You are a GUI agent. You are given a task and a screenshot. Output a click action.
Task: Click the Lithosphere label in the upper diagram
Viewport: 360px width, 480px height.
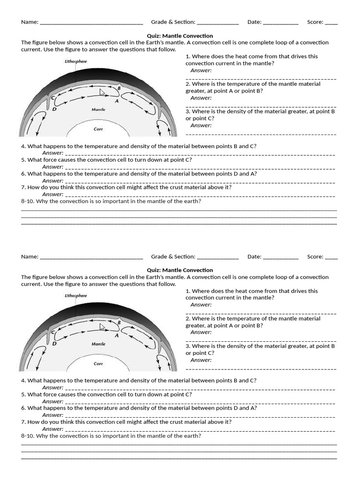(75, 61)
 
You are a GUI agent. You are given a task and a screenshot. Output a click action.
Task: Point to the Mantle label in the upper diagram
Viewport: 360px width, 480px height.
(98, 109)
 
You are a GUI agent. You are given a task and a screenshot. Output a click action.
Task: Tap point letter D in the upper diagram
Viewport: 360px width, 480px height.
(54, 109)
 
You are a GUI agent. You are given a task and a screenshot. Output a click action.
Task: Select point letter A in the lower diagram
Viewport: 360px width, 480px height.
(117, 335)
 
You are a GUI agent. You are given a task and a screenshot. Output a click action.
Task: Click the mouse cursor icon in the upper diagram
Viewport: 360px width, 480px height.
(102, 92)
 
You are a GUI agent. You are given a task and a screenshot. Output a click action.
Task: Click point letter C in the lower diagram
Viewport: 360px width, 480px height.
(53, 332)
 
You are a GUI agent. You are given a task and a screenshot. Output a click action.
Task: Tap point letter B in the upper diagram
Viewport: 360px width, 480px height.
(119, 88)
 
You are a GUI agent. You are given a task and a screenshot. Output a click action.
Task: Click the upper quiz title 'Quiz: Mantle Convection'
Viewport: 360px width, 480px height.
(180, 36)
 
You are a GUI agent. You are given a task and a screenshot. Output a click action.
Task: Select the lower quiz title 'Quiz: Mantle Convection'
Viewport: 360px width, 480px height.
(180, 270)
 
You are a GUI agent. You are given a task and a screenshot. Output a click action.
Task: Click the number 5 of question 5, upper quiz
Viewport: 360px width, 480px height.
(23, 160)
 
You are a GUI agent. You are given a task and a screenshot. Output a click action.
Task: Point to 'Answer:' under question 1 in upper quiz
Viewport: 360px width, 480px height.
(201, 70)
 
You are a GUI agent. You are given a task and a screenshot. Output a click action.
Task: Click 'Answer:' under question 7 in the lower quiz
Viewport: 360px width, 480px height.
(52, 429)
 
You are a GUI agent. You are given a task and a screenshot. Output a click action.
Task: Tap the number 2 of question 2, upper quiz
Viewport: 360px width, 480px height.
(187, 84)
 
